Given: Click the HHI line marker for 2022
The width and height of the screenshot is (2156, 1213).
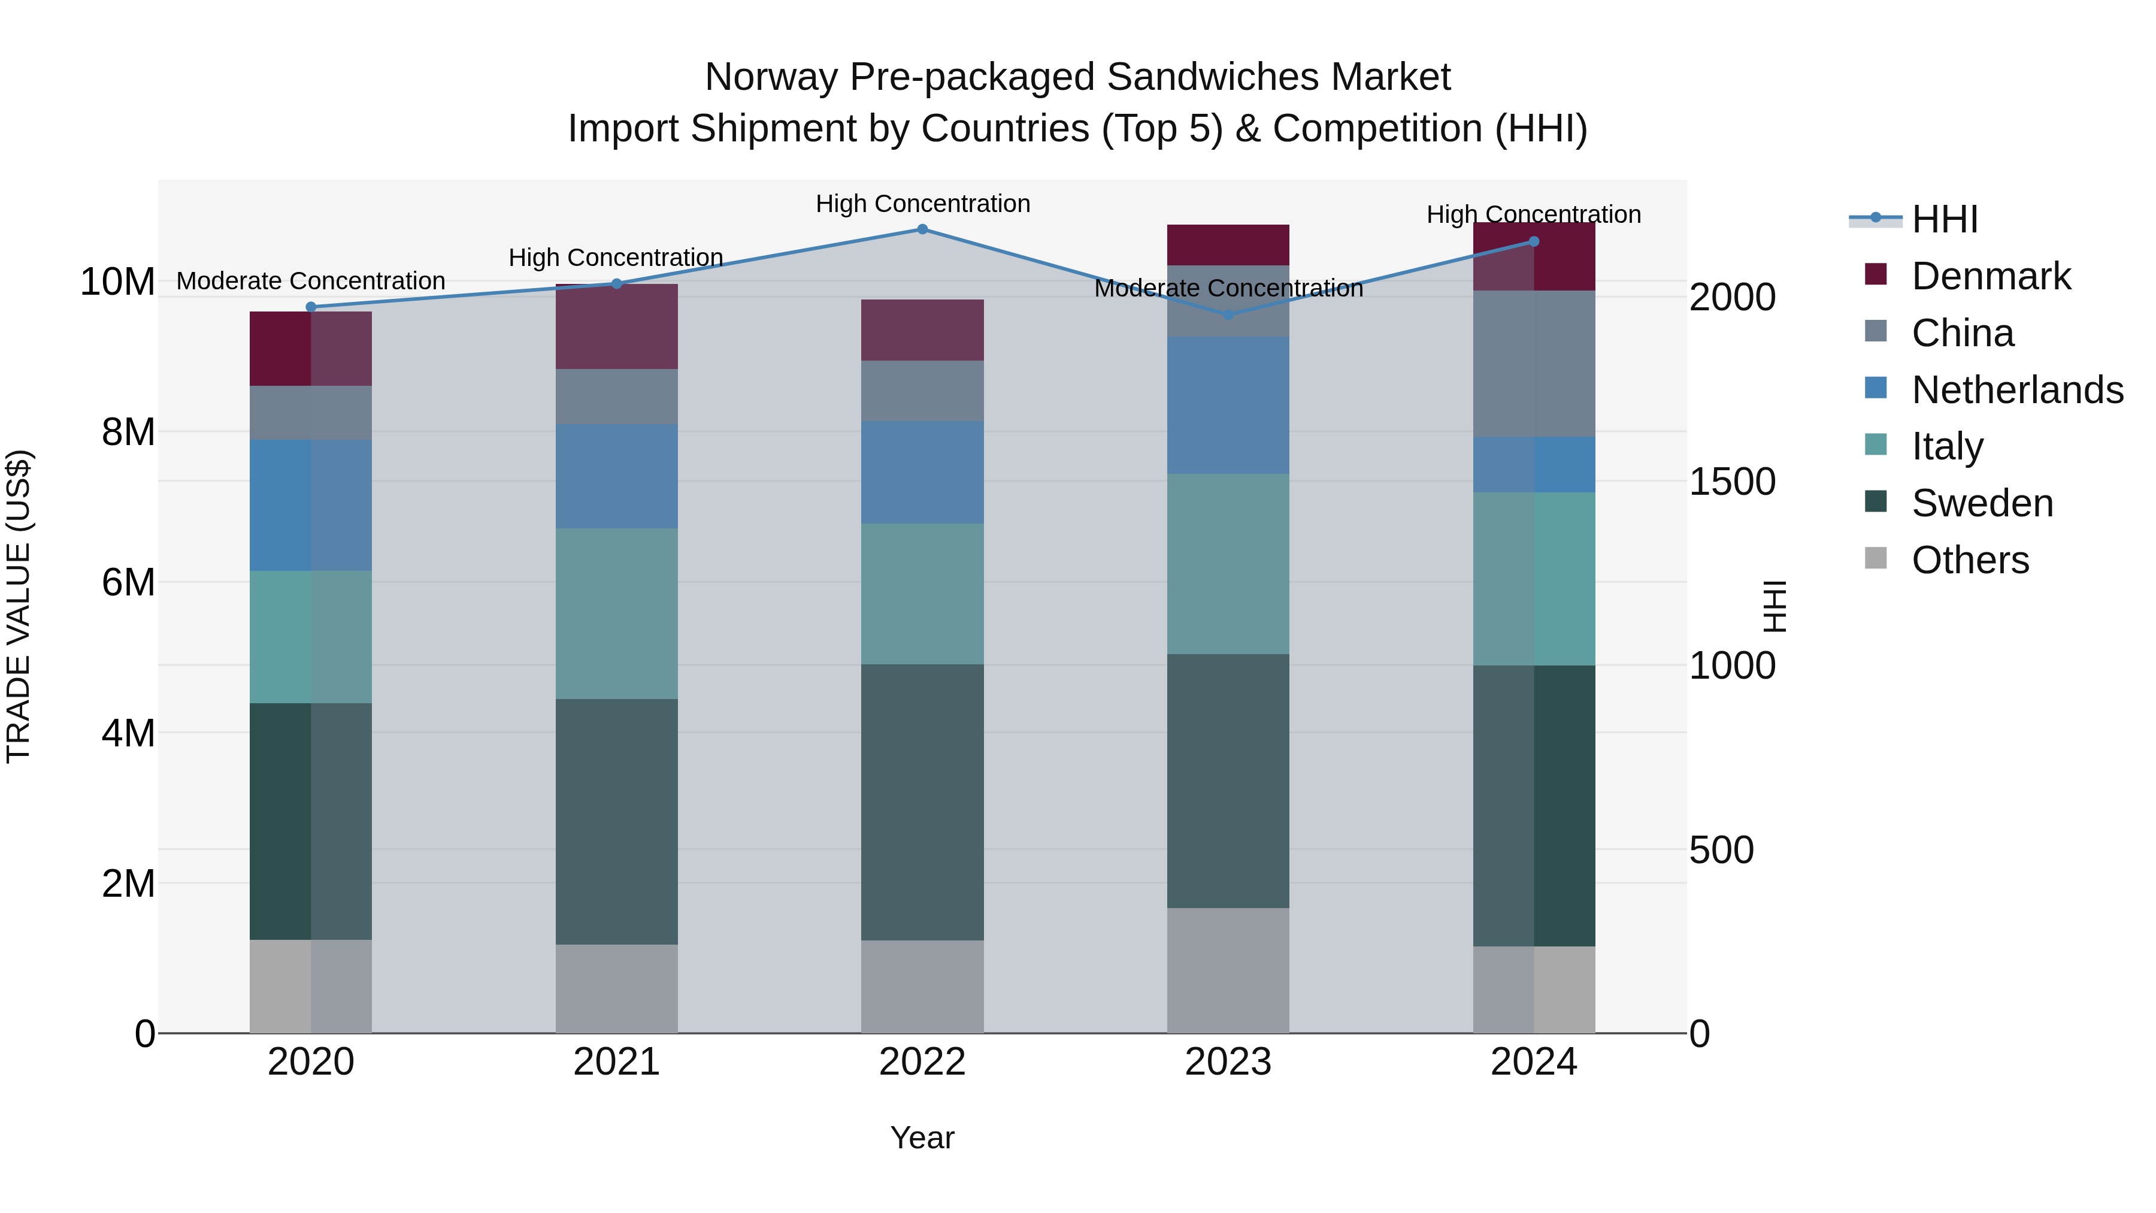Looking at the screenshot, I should coord(922,229).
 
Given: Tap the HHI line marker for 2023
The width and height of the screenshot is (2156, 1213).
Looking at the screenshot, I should coord(1228,314).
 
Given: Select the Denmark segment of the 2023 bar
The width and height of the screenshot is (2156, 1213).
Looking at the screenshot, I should coord(1228,244).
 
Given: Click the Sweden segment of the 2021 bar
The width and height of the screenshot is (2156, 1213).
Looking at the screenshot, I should coord(617,821).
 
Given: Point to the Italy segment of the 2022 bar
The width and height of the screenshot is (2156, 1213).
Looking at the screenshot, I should coord(922,594).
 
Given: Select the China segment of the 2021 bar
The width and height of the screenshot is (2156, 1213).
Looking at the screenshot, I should coord(617,396).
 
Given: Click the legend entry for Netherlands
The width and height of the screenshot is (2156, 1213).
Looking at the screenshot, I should coord(2017,390).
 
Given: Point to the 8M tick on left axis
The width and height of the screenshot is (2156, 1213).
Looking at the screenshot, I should coord(128,432).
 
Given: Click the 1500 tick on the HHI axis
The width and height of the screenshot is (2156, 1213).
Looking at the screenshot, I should coord(1731,482).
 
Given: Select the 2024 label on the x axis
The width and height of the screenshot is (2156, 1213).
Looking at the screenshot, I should coord(1533,1062).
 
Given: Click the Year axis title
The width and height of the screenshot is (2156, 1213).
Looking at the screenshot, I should coord(922,1138).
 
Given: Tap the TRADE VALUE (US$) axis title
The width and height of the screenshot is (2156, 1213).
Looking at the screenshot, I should coord(19,606).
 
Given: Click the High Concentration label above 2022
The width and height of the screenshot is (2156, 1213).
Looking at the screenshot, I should coord(922,204).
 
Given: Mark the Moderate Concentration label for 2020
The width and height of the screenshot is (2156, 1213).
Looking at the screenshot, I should coord(310,280).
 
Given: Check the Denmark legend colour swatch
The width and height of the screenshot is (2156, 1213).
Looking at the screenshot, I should coord(1876,274).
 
